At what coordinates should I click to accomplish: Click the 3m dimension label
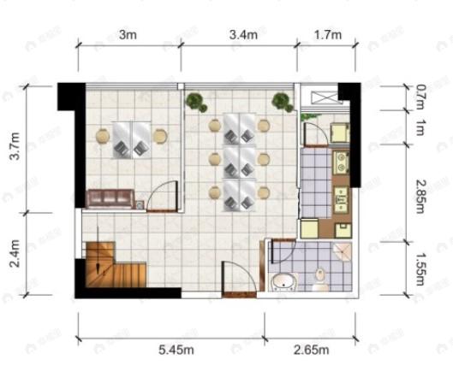[128, 35]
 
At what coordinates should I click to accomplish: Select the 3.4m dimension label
[243, 35]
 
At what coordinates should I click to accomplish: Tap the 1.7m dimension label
[327, 35]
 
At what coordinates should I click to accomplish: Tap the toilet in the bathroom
[320, 279]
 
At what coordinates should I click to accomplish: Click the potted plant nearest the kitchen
[282, 103]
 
